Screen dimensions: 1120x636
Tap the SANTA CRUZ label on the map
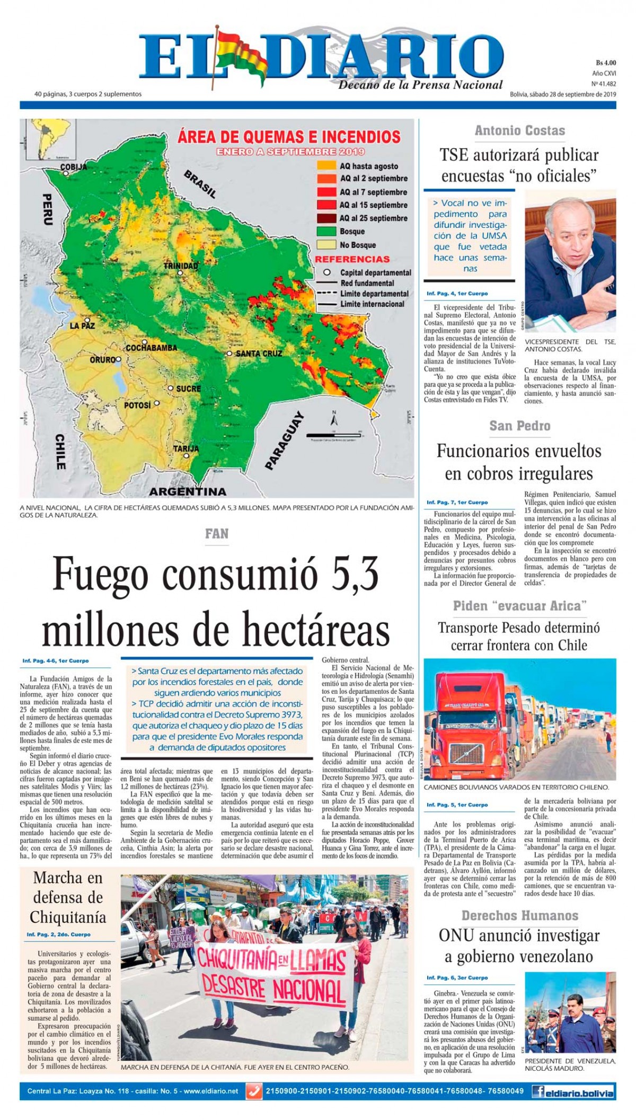[259, 353]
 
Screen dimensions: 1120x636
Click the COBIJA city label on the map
[74, 167]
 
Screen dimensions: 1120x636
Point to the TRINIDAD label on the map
[181, 266]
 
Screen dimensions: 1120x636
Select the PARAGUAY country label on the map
[284, 440]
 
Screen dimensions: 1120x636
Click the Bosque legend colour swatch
[326, 232]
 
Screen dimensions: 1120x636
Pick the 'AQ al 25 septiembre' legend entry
[373, 218]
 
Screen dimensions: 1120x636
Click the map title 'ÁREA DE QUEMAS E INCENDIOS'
[289, 137]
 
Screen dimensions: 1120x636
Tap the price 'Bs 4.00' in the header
[606, 63]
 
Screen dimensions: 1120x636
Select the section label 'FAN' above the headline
[217, 534]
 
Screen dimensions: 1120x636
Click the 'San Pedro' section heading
[519, 426]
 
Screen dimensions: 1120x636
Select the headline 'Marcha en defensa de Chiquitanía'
[68, 897]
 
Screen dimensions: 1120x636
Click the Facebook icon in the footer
[538, 1091]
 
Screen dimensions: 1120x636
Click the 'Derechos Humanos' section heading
[519, 915]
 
